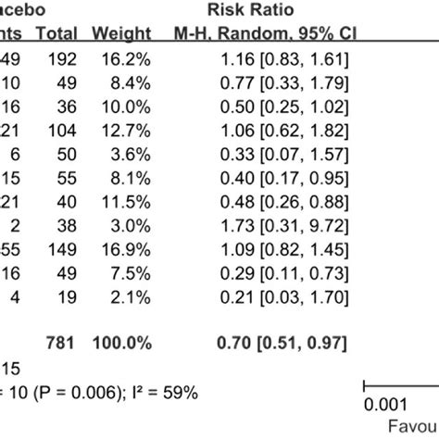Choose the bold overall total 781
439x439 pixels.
point(60,344)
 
